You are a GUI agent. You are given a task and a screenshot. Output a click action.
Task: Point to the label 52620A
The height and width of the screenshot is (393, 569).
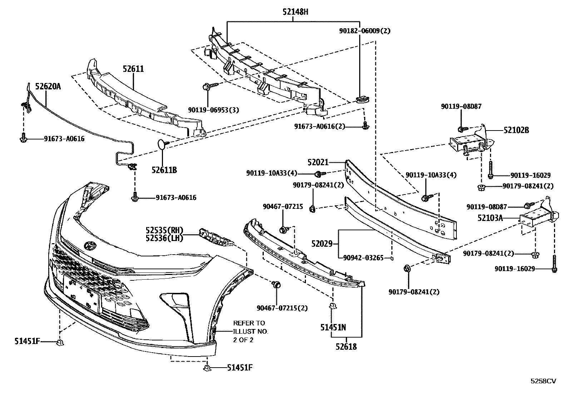[48, 86]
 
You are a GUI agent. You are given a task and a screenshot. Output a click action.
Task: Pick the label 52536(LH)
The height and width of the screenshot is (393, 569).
[164, 238]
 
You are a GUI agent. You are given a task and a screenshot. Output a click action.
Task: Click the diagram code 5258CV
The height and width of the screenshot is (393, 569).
[543, 381]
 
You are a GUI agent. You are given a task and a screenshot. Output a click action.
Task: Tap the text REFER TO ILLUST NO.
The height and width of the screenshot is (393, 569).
[251, 327]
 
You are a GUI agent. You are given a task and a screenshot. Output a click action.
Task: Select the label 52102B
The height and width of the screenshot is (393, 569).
[516, 131]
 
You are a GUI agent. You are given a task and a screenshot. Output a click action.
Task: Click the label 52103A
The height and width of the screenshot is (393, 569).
[490, 217]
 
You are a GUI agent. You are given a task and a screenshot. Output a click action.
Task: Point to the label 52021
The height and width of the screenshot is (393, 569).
[318, 163]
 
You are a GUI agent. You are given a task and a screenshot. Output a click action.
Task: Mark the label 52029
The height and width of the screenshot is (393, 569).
[322, 244]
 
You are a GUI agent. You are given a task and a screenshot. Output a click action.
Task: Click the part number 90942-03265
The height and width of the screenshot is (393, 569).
[363, 258]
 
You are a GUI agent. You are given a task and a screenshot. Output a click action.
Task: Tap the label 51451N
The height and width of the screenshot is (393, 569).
[333, 327]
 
